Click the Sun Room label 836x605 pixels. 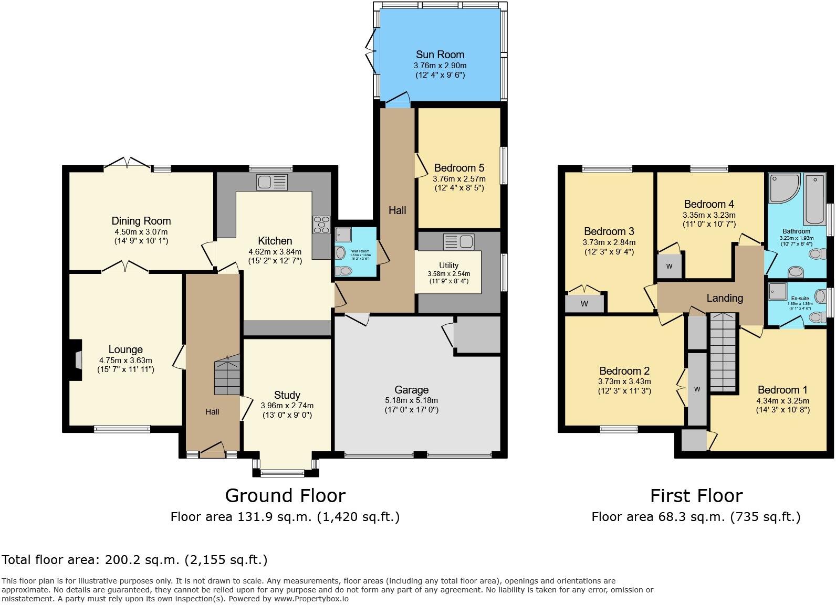440,55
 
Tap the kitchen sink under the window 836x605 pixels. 272,183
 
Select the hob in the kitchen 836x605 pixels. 321,225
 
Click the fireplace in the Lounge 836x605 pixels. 77,360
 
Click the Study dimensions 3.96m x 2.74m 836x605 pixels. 287,406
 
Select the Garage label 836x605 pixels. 411,390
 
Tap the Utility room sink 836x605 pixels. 458,242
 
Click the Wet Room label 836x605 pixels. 360,251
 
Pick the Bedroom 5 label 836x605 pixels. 459,168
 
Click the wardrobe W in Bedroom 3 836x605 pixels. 584,304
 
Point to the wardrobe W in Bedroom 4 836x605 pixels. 669,266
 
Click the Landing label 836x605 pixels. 724,298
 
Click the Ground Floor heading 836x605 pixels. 285,495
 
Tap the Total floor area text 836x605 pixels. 134,560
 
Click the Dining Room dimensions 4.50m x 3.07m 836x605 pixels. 141,231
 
